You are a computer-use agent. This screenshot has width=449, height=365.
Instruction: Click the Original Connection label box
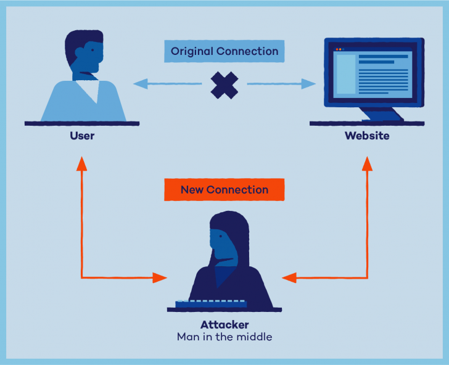coord(224,51)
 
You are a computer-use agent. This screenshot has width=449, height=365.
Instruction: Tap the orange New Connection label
coord(224,190)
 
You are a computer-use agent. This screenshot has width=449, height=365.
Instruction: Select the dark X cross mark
coord(224,84)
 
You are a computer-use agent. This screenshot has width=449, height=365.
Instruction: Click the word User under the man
coord(82,135)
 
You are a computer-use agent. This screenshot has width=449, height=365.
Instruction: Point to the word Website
coord(367,135)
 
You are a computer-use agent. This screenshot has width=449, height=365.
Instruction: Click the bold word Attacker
coord(224,324)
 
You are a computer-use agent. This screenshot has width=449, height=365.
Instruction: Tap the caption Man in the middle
coord(224,337)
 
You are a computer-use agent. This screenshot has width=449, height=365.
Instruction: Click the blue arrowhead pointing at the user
coord(139,84)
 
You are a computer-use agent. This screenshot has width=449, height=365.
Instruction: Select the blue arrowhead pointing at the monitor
coord(309,84)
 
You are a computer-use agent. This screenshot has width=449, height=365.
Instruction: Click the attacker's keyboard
coord(211,303)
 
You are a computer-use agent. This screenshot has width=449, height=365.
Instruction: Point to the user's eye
coord(92,50)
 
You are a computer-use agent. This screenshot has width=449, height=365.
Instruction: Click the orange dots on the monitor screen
coord(339,49)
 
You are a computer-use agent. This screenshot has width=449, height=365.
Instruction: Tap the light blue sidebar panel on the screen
coord(345,74)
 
